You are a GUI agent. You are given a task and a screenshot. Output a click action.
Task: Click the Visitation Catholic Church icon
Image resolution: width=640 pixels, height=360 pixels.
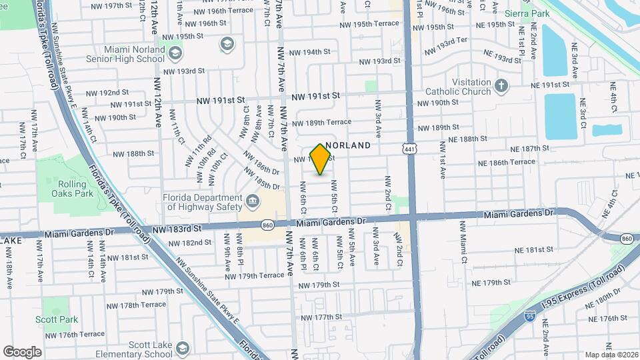click(x=501, y=85)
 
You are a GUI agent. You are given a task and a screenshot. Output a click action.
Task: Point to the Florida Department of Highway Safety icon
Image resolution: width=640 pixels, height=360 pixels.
click(x=252, y=200)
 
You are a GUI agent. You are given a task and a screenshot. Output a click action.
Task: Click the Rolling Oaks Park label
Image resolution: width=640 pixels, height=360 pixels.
click(x=73, y=189)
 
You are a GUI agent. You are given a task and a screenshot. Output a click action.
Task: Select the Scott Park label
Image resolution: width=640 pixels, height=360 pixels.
click(x=60, y=320)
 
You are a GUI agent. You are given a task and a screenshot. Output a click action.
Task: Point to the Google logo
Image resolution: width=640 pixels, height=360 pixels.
click(x=21, y=351)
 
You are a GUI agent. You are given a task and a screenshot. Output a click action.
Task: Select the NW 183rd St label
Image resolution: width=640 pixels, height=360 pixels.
click(x=177, y=229)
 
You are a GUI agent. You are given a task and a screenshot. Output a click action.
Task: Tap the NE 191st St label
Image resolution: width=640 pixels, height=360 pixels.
click(x=550, y=85)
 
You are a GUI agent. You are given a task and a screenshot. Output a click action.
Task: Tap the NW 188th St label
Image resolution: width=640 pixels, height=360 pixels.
click(x=133, y=153)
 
